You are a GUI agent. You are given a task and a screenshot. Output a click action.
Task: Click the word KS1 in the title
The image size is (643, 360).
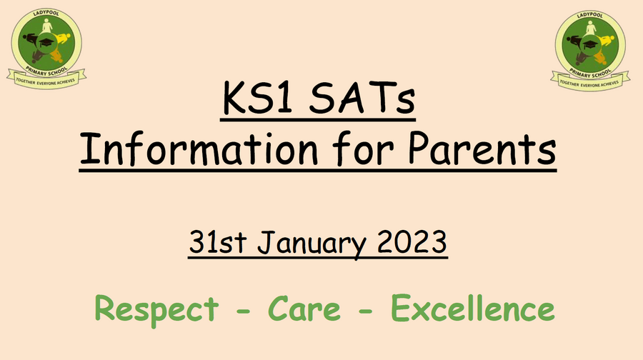click(x=257, y=98)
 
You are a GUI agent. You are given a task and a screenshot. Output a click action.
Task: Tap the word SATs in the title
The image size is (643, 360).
click(x=362, y=98)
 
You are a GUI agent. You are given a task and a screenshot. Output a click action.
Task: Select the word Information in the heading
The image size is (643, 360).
click(x=199, y=149)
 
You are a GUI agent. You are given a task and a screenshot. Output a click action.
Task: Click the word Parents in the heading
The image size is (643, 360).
click(x=482, y=149)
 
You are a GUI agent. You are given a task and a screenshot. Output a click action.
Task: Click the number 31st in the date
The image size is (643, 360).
click(x=218, y=242)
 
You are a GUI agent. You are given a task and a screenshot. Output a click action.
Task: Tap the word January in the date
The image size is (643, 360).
click(x=311, y=243)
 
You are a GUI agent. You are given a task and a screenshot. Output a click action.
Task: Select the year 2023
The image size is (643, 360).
click(x=412, y=242)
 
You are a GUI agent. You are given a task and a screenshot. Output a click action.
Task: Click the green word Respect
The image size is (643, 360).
click(x=156, y=309)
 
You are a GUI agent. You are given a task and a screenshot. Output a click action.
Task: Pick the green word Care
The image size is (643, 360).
click(x=304, y=309)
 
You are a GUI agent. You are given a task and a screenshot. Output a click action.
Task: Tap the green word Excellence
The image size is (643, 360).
click(x=472, y=308)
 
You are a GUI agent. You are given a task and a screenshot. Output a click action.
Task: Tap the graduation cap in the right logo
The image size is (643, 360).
click(x=590, y=44)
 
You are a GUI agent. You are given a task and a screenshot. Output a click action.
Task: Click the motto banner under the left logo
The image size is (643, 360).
click(x=46, y=80)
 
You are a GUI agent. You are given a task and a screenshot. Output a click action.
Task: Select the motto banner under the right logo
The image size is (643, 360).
click(x=590, y=82)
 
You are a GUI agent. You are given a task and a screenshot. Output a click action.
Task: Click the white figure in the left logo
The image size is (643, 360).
click(x=47, y=26)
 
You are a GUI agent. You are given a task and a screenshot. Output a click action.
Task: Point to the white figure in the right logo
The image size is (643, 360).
click(x=591, y=29)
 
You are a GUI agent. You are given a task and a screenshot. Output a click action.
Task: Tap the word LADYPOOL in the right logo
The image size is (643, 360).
click(x=590, y=16)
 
